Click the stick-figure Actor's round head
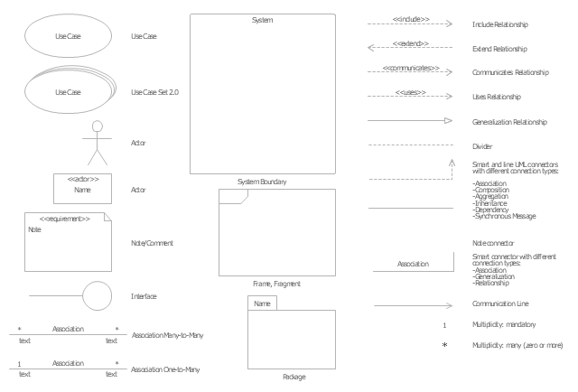(94, 126)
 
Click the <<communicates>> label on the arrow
(411, 68)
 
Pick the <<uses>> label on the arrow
(411, 92)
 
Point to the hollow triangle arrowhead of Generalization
(446, 120)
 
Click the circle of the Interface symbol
(97, 294)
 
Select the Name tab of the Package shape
(262, 303)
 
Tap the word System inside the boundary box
(262, 20)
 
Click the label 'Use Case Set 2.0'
(155, 92)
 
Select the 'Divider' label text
(482, 145)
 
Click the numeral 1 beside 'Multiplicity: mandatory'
(444, 323)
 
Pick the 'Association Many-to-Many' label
(167, 335)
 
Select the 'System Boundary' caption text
(262, 182)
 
